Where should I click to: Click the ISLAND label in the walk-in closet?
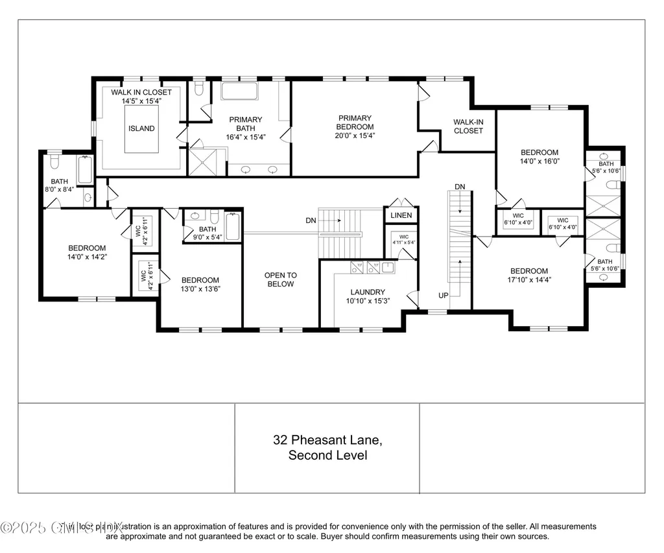coord(141,128)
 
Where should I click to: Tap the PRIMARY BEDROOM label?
coord(355,123)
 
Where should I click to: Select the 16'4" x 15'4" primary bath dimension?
coord(244,137)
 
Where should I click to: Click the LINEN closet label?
coord(401,215)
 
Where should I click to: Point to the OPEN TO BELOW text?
coord(279,280)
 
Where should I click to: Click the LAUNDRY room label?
coord(368,292)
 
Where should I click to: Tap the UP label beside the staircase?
coord(443,296)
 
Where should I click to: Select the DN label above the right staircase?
coord(460,187)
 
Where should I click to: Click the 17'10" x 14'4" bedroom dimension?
coord(528,280)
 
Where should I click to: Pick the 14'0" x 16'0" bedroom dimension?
coord(539,161)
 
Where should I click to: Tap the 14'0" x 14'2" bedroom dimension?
coord(87,257)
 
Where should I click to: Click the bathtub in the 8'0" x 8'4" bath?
coord(85,170)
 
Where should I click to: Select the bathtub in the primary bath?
coord(239,91)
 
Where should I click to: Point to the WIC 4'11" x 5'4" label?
coord(403,240)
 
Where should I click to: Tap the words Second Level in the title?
coord(327,455)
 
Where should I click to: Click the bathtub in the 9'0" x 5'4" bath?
coord(233,227)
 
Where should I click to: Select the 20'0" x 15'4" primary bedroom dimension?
coord(355,135)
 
